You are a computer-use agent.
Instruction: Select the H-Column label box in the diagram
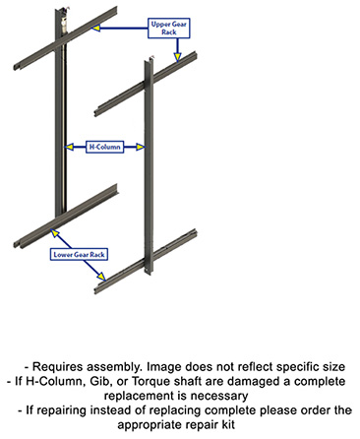tap(106, 147)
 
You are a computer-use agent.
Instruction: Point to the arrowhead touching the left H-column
tap(69, 147)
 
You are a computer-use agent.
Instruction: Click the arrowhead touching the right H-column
tap(143, 147)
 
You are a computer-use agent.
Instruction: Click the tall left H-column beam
tap(60, 118)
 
